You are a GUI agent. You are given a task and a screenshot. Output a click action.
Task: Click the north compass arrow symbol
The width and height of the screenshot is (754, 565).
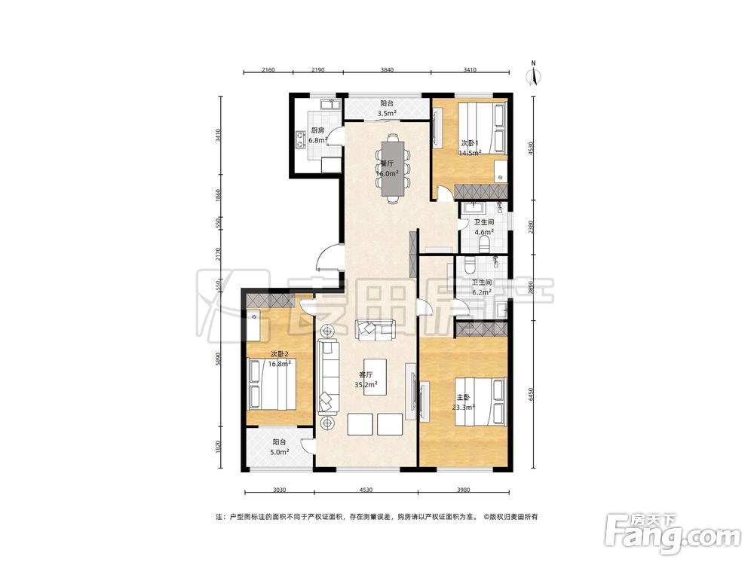[x=533, y=74]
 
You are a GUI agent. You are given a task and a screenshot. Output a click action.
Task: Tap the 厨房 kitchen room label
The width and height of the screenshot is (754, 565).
[x=317, y=130]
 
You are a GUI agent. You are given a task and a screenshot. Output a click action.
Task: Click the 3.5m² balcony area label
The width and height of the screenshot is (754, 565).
[x=387, y=114]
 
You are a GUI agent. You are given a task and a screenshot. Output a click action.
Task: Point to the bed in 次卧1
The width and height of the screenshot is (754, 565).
[x=481, y=128]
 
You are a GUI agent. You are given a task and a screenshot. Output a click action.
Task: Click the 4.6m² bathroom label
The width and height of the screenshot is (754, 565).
[x=484, y=232]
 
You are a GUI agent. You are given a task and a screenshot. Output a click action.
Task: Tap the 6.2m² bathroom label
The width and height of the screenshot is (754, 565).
[x=481, y=292]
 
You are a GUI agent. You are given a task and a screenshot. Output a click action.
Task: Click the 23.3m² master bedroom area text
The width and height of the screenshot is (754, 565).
[x=464, y=408]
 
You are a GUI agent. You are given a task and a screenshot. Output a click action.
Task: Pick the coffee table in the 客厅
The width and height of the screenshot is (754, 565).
[x=375, y=377]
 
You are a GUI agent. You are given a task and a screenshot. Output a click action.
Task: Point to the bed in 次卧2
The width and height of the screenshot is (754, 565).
[x=271, y=384]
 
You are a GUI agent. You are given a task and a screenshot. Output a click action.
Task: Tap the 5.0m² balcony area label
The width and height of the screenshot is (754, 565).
[x=279, y=452]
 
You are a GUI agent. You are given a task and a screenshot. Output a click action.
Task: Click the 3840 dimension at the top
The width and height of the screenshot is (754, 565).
[x=387, y=69]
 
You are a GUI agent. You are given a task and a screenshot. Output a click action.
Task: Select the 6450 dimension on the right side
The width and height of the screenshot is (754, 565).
[x=531, y=395]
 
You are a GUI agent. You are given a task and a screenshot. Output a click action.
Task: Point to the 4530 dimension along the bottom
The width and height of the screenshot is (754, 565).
[x=366, y=490]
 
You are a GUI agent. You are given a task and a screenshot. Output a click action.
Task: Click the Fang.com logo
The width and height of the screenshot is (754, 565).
[x=673, y=533]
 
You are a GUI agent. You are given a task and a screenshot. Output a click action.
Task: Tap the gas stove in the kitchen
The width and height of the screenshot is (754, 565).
[x=301, y=139]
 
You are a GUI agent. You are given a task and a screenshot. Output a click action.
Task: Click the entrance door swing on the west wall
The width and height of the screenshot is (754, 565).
[x=329, y=258]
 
